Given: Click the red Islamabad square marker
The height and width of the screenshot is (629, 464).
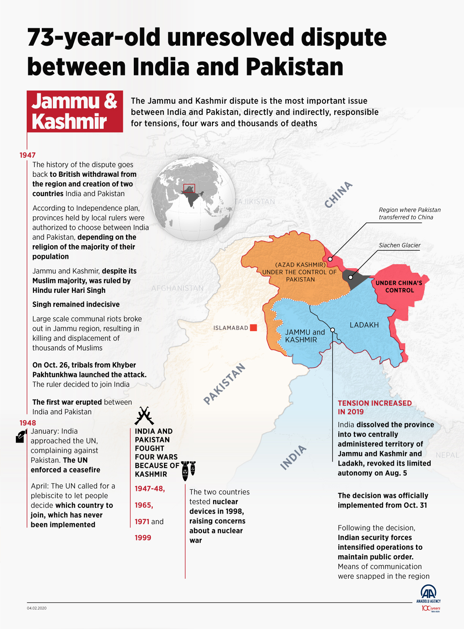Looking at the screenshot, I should pos(253,328).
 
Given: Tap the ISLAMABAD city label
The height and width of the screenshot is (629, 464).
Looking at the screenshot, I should pos(231,328).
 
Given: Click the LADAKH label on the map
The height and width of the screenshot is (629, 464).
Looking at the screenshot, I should pos(364,325).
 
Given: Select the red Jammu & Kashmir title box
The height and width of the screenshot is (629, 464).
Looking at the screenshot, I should pos(75,111).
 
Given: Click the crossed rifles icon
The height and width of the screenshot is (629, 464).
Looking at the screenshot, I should pos(144,416).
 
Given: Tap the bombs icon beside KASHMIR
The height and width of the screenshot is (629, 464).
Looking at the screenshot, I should pos(188,470).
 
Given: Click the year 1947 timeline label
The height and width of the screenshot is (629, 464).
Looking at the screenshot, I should pos(27,155).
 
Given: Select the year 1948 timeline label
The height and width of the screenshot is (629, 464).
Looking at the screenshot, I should pos(27,423).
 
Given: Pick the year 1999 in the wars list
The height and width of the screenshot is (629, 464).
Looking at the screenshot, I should pos(143,538).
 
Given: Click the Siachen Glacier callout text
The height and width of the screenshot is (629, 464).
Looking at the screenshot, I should pos(399,245).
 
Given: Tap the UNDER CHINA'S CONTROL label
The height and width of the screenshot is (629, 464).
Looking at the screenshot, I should pos(399,287).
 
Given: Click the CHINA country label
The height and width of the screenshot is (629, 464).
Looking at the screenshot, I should pos(338,195).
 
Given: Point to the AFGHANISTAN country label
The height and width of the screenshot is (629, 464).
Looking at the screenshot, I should pos(177,288).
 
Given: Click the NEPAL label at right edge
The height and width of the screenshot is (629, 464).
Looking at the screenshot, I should pos(447,455).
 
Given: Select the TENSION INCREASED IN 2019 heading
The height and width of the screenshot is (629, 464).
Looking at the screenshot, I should pos(374,407).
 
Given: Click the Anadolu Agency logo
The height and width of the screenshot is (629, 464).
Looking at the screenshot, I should pos(428,595).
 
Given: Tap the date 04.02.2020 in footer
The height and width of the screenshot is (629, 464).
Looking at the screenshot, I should pos(37,608).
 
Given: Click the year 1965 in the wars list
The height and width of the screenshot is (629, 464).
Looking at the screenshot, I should pos(143,505).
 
